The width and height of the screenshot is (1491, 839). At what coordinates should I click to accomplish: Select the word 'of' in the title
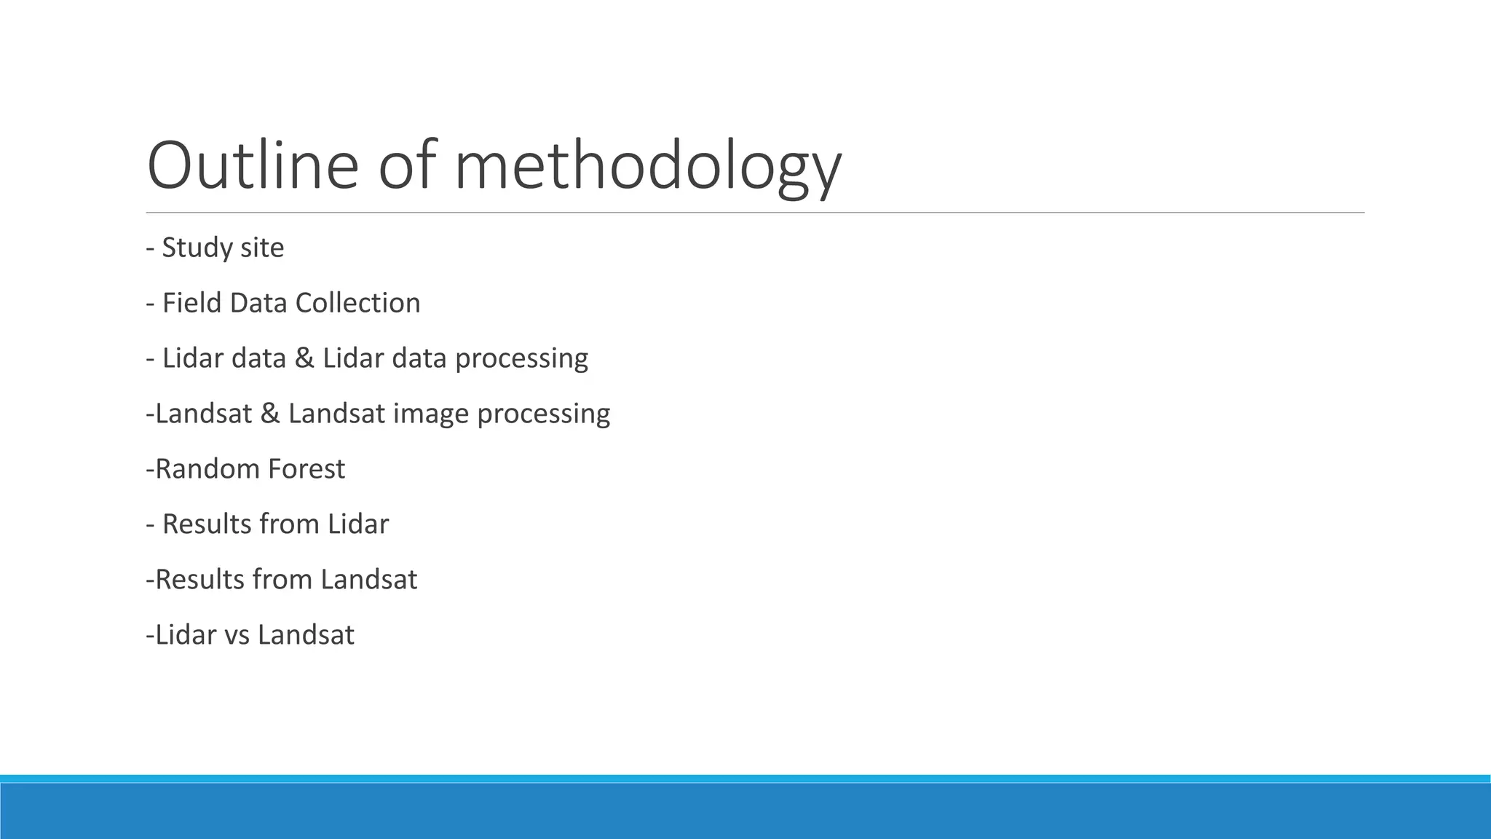coord(406,165)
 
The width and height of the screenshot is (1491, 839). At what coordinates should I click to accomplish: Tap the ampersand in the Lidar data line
coord(304,358)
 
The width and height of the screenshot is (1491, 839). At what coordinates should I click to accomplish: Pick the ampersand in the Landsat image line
coord(269,414)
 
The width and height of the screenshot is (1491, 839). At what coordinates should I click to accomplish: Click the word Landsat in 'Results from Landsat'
coord(368,580)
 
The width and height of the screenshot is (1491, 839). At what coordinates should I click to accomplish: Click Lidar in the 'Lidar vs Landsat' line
coord(186,635)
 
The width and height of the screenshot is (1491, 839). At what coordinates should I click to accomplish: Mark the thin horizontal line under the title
coord(755,213)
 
